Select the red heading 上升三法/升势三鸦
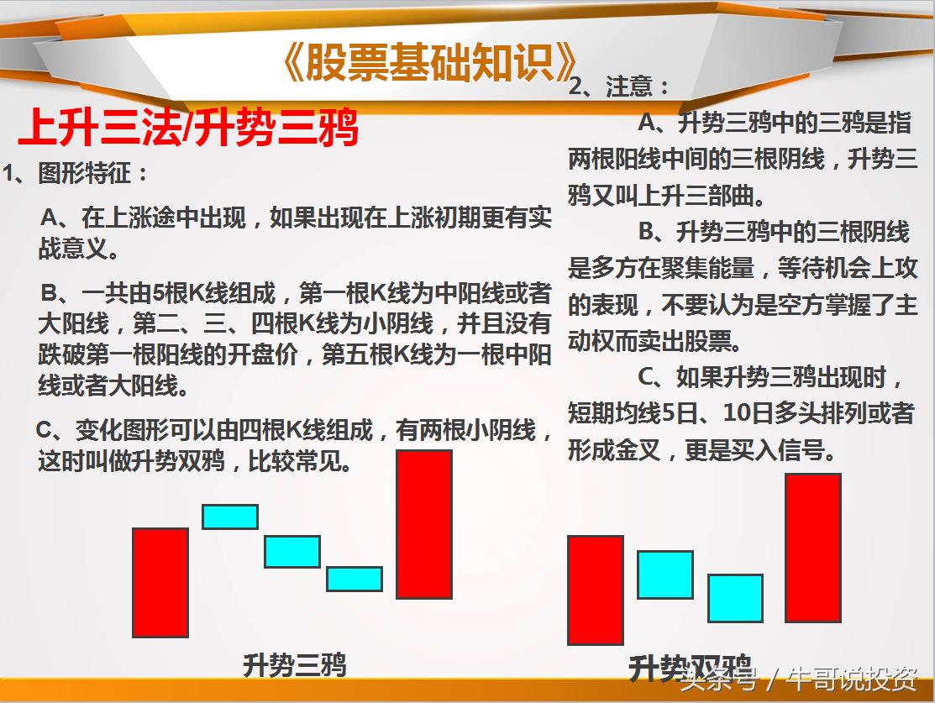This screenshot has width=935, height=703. point(189,129)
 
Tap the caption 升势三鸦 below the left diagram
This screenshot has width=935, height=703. point(294,665)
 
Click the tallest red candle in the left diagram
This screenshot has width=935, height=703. point(424,524)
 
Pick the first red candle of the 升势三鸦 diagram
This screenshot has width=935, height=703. point(160,582)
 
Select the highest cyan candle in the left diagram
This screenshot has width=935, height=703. point(229,517)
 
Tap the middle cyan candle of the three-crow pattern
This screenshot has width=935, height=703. point(292,551)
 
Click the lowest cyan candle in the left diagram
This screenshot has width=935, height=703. point(354,579)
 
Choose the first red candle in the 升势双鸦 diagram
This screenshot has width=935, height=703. point(595,590)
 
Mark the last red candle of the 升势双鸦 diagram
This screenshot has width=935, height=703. point(812,548)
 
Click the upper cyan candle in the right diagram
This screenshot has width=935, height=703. point(664,574)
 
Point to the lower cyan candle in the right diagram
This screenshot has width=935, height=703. point(735,598)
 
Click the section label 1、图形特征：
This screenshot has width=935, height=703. point(76,174)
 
